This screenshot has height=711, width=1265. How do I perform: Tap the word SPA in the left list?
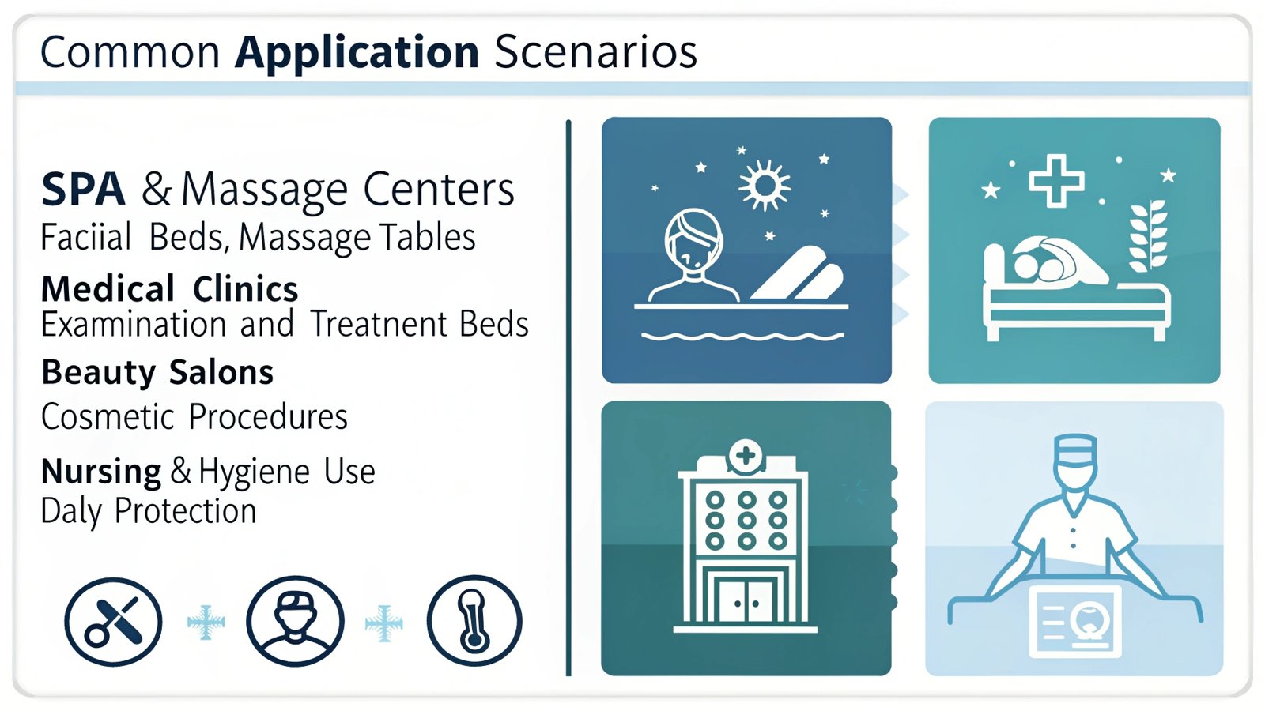pos(83,190)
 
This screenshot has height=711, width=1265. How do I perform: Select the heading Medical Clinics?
pos(169,289)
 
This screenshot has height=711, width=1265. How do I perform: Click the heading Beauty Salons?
pos(157,372)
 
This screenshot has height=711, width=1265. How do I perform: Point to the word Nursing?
pos(101,472)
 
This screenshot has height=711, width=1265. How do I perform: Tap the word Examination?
pos(134,325)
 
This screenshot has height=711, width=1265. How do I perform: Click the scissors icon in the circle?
pos(113,622)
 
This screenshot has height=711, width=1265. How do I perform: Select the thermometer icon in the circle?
pos(474,621)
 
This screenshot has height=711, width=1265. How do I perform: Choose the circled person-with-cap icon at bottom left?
pos(295,621)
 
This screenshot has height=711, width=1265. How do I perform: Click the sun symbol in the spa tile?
pos(765,185)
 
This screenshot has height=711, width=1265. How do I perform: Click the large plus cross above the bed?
pos(1056,181)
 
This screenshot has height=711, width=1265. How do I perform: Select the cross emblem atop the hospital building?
pos(746,455)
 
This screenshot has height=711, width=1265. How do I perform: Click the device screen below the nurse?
pos(1074,621)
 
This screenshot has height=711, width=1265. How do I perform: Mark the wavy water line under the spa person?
pos(742,337)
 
